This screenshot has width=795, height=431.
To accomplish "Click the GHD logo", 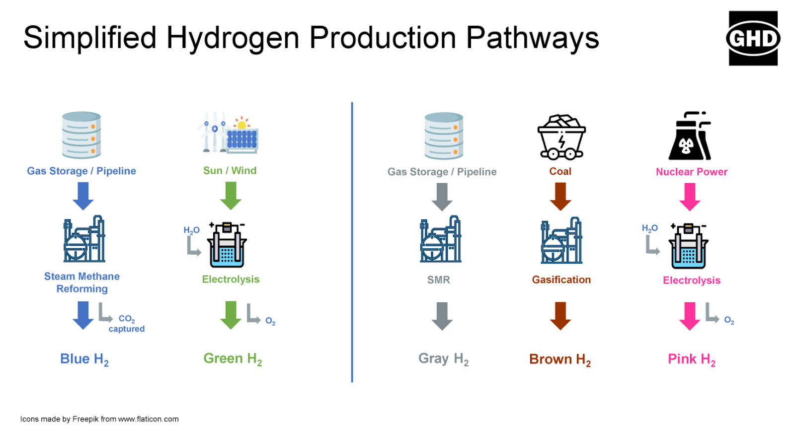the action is click(753, 38).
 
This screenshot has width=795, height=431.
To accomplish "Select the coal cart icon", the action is click(561, 137).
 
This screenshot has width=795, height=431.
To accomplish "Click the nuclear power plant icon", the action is click(690, 136).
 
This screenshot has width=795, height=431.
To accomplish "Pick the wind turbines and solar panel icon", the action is click(228, 132).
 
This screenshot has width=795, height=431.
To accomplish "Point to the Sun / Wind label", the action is click(230, 171).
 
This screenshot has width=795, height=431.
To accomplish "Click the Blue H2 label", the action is click(84, 359).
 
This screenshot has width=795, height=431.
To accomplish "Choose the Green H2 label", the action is click(233, 359).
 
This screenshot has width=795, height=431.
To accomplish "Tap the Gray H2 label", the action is click(444, 359).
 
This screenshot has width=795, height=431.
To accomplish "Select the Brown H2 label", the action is click(560, 359).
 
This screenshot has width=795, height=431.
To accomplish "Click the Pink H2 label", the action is click(692, 359).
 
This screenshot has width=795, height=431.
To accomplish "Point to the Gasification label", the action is click(561, 280).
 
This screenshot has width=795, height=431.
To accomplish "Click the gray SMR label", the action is click(439, 280).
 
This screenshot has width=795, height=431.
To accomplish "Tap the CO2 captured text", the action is click(127, 324).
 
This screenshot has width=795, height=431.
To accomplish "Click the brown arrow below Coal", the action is click(560, 197).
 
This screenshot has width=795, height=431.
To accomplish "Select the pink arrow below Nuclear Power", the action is click(690, 197).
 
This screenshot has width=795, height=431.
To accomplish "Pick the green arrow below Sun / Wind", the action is click(231, 196).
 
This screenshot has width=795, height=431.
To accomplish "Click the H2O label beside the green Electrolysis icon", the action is click(192, 230).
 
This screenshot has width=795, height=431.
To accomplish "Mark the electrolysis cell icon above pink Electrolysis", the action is click(688, 246).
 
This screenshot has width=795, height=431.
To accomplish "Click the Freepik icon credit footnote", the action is click(99, 419).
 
